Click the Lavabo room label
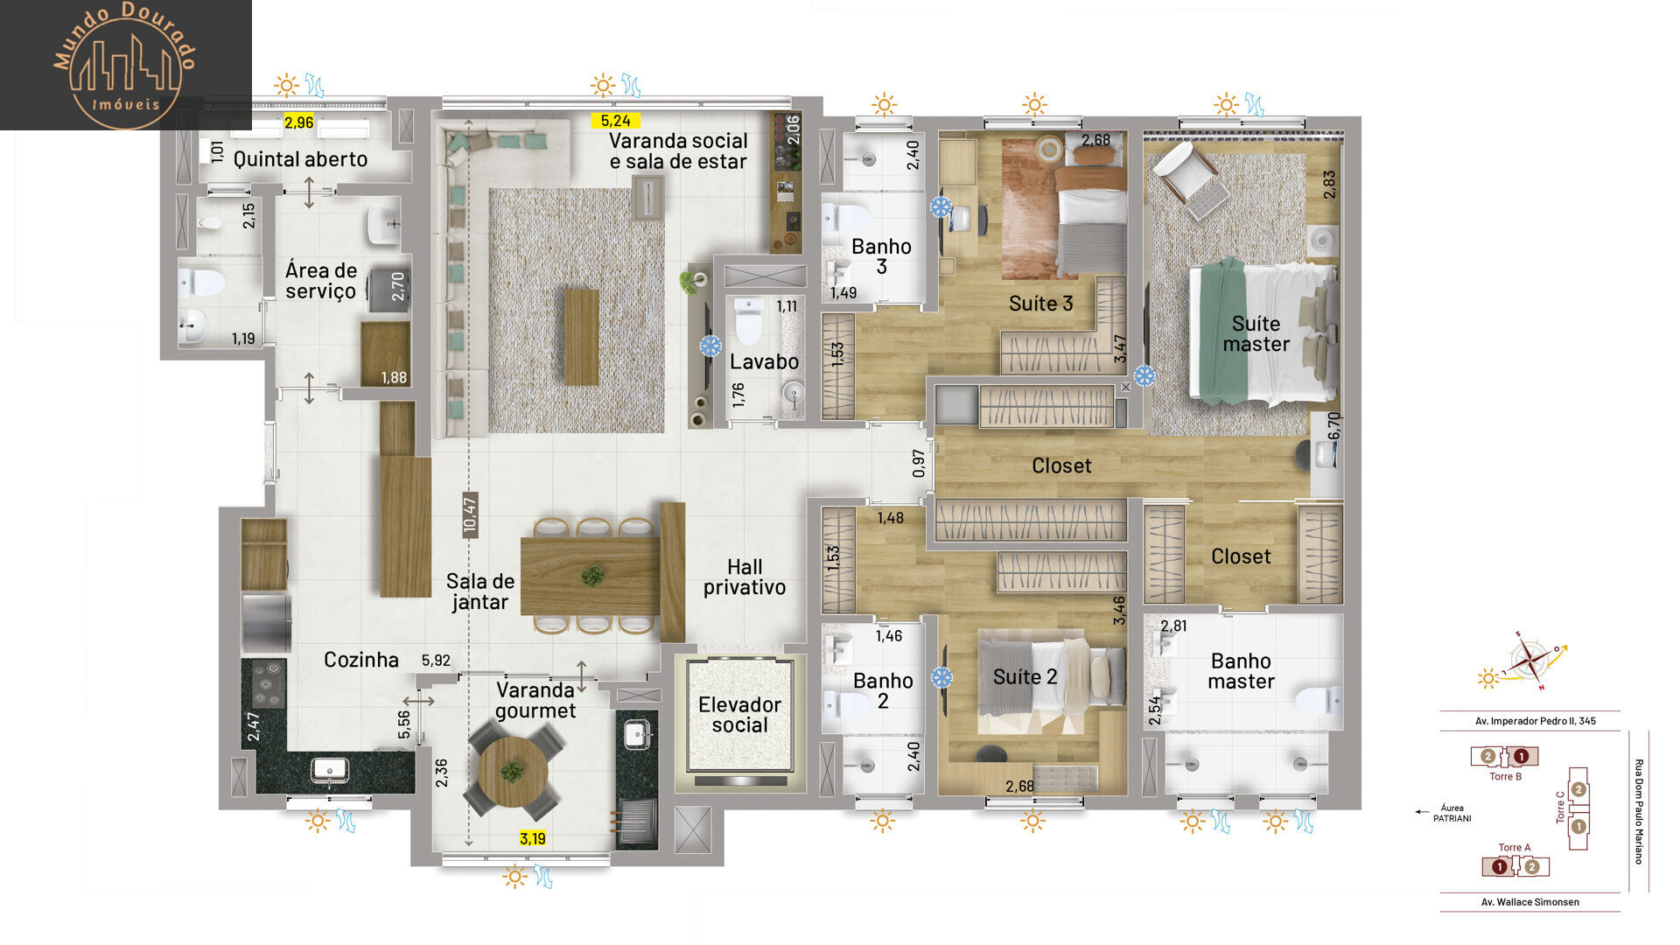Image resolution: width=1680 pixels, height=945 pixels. pos(764,361)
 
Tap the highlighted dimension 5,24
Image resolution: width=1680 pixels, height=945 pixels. pos(615,121)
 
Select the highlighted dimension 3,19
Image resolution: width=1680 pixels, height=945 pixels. pos(532,838)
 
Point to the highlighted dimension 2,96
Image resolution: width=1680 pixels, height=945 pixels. pos(298,122)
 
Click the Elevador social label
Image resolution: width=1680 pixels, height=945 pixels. pos(739,715)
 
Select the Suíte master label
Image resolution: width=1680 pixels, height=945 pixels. pos(1256,334)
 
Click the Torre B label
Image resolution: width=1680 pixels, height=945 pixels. pos(1505,776)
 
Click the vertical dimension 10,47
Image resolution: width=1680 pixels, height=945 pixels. pos(470,514)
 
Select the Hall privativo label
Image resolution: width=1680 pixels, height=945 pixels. pos(745,577)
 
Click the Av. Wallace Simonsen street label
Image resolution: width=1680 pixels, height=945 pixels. pos(1529,902)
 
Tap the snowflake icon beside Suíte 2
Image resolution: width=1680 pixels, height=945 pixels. pos(941,677)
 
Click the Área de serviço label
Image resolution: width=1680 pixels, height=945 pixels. pos(321,281)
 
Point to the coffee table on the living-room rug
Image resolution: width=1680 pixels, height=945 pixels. pos(581,337)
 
